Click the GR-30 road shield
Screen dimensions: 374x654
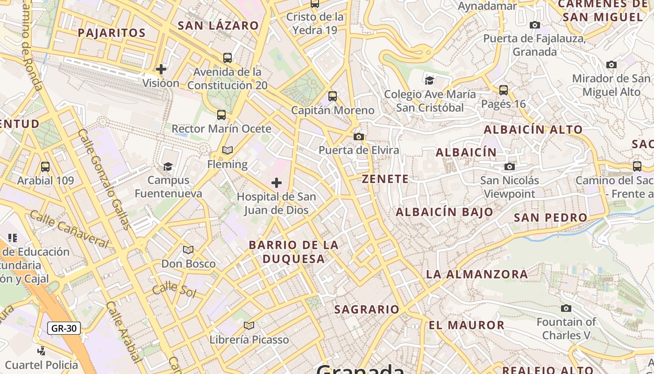point(64,328)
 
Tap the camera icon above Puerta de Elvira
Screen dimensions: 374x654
point(359,137)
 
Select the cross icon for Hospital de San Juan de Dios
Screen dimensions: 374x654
point(277,182)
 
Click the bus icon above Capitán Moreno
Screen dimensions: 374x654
point(333,96)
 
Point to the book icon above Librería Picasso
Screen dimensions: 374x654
point(249,325)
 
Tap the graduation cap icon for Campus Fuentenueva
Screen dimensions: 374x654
point(168,166)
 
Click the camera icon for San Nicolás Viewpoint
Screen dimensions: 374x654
point(510,166)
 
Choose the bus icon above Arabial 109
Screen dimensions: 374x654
point(45,166)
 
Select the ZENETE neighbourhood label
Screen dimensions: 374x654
point(385,179)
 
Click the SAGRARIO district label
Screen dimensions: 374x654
point(367,309)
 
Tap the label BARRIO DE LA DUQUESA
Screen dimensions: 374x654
point(294,252)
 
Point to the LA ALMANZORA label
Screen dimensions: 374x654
point(477,274)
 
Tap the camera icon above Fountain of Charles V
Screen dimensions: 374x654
point(566,308)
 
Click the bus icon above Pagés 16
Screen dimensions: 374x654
point(504,90)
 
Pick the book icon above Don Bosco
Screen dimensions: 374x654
point(188,250)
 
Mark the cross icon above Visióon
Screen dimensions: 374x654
point(161,69)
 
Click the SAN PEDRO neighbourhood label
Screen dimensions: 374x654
point(550,217)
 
